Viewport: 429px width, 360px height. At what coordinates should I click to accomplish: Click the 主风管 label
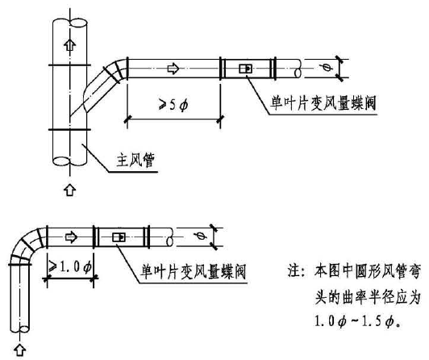point(135,160)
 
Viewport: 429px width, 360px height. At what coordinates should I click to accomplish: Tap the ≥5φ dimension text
point(173,104)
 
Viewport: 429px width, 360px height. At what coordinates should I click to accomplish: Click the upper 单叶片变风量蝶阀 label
point(323,103)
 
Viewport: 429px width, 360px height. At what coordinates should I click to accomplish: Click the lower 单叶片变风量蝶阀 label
point(193,271)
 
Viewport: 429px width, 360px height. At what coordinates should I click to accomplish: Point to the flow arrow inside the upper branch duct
point(173,68)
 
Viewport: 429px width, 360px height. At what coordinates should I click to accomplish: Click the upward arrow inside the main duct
point(70,44)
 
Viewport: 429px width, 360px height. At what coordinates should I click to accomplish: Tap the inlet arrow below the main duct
point(70,190)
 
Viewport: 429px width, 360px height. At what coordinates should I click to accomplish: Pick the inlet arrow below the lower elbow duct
point(19,350)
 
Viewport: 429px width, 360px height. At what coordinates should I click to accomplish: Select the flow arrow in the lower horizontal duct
point(72,237)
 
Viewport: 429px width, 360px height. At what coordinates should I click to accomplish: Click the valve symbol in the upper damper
point(245,69)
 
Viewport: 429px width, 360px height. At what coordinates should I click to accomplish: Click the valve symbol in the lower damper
point(119,237)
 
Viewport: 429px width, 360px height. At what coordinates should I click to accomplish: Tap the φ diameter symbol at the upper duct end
point(326,67)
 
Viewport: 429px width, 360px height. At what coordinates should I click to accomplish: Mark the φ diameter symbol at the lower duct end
point(200,236)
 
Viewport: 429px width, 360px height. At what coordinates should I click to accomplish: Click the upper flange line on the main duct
point(70,65)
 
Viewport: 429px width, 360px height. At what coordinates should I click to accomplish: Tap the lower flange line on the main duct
point(70,129)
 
